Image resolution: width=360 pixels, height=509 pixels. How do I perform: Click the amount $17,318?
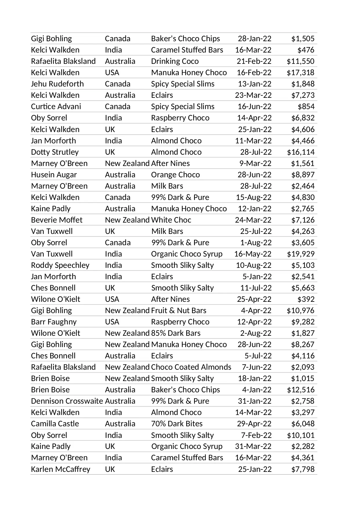301,73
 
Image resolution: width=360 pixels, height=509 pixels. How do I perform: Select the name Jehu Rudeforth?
57,84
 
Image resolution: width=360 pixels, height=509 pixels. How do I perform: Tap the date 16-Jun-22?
254,107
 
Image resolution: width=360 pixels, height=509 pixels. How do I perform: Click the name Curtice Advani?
56,107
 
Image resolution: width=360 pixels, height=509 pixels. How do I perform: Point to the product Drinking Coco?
175,61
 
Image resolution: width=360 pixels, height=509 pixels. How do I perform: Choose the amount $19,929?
301,254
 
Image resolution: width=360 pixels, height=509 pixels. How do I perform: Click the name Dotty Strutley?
55,152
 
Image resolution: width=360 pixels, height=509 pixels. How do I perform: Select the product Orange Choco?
175,175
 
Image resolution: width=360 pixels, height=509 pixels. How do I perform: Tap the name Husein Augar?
54,175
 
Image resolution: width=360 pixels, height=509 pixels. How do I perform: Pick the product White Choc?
171,220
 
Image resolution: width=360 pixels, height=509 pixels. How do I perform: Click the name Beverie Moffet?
57,220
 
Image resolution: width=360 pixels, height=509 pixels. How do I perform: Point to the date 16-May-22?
253,254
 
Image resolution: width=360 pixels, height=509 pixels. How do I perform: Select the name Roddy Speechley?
60,265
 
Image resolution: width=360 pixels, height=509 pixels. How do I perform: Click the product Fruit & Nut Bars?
178,311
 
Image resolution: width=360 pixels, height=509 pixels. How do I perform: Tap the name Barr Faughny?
54,322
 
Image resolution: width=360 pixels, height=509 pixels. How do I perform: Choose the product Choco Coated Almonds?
191,367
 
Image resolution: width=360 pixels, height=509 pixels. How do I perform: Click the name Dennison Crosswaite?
67,401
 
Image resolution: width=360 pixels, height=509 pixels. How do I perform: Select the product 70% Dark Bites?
177,424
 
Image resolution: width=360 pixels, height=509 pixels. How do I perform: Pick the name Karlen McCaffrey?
61,469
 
